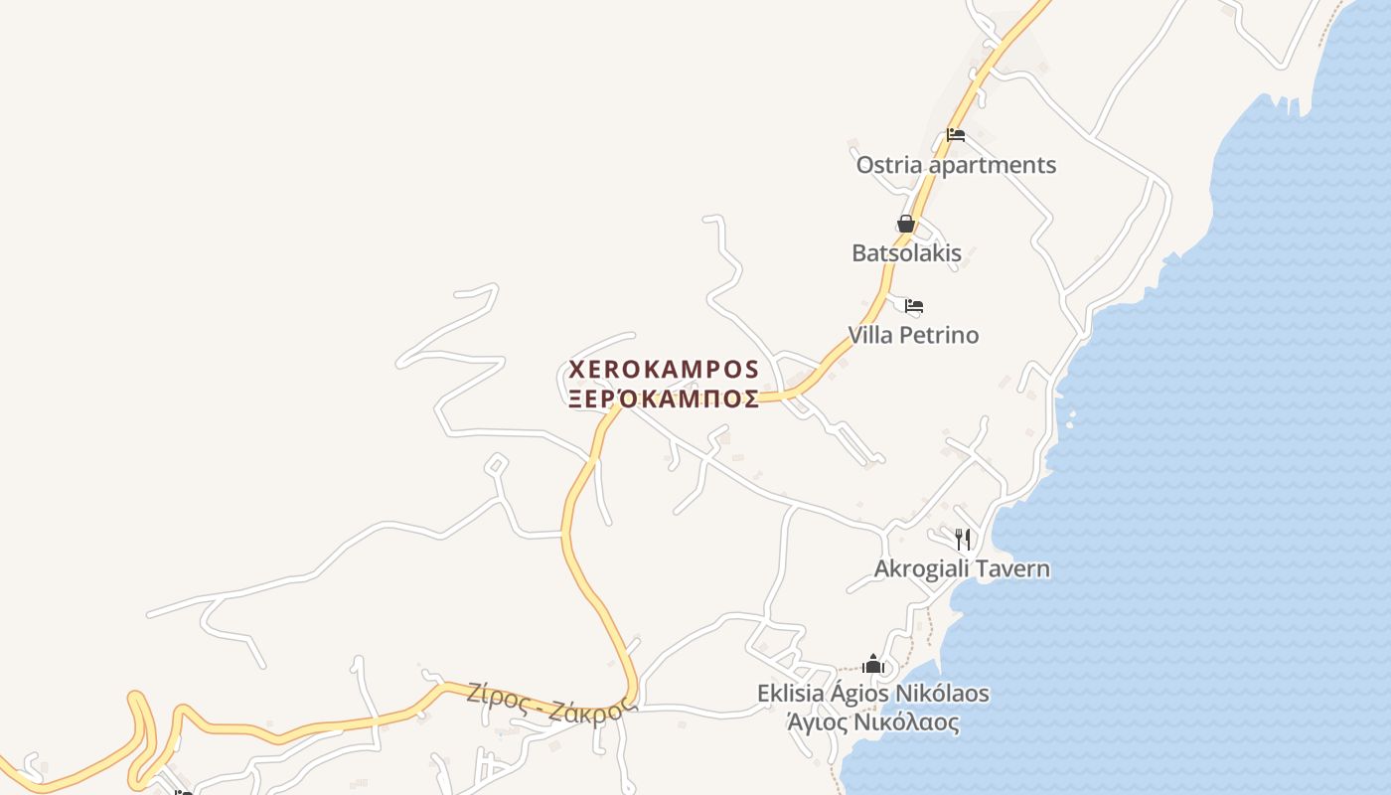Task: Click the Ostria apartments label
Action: [x=956, y=165]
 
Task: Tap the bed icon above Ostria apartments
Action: [x=956, y=134]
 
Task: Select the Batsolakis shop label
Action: [x=906, y=252]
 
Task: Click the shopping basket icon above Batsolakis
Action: [x=906, y=224]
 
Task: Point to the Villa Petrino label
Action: [x=912, y=335]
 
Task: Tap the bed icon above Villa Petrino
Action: [x=914, y=305]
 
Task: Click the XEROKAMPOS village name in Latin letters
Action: [x=664, y=370]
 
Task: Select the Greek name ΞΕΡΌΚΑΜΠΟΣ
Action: [x=664, y=399]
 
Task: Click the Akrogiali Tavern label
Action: [x=962, y=569]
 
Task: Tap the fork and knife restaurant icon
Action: [x=962, y=539]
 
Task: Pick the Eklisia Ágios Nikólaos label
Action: [x=872, y=693]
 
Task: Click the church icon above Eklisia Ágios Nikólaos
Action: [x=873, y=664]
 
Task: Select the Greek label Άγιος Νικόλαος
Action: [x=872, y=722]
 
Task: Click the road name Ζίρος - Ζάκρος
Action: [x=551, y=705]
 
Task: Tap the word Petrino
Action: [x=939, y=335]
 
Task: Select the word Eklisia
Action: [x=790, y=693]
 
